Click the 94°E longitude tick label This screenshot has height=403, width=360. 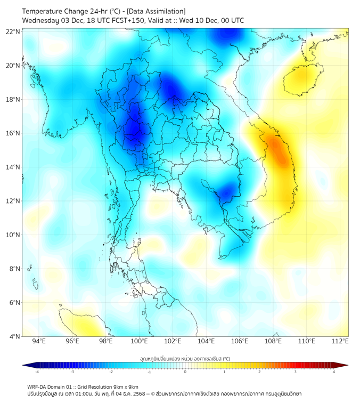(x=39, y=342)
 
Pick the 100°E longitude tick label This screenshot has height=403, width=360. (x=140, y=342)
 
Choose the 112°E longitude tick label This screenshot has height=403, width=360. (x=340, y=342)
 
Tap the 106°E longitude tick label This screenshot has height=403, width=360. (x=240, y=342)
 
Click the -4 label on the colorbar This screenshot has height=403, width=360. (x=36, y=372)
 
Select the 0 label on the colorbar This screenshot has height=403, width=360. (x=185, y=372)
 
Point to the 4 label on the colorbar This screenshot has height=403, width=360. (x=334, y=372)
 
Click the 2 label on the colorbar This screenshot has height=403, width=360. (x=260, y=372)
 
